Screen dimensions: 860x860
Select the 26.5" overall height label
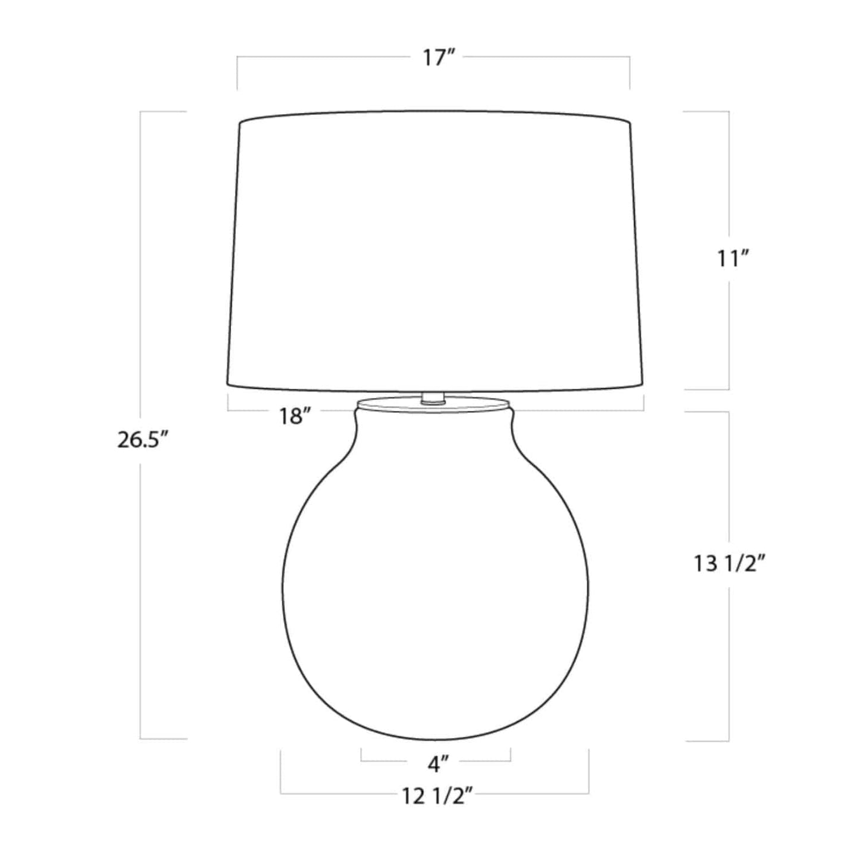[143, 440]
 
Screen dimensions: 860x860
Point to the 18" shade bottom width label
[294, 417]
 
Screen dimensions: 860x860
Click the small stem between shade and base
[433, 398]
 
